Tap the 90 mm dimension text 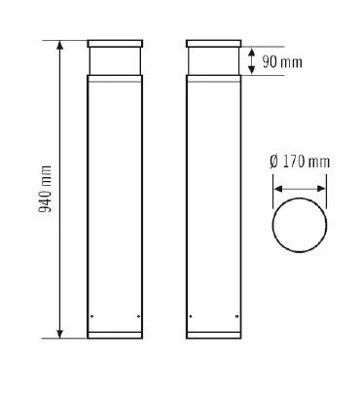[284, 62]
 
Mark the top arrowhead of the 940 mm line [62, 45]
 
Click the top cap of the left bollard [115, 45]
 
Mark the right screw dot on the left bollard [139, 317]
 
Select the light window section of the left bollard [115, 63]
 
